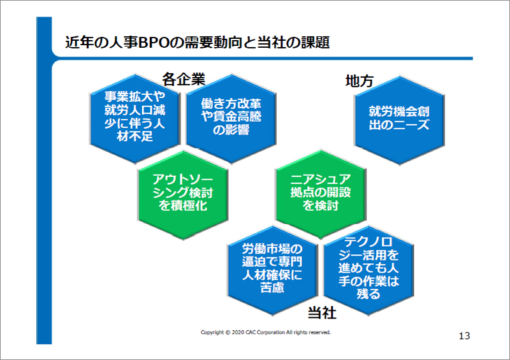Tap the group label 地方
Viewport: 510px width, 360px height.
pos(359,81)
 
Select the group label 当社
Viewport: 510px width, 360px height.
pos(322,313)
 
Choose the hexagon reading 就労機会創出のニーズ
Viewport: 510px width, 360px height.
pos(399,117)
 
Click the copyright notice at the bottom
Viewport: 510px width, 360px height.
pos(265,333)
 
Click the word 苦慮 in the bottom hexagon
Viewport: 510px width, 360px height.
pos(273,287)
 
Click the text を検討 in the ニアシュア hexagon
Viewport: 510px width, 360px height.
pos(320,206)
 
